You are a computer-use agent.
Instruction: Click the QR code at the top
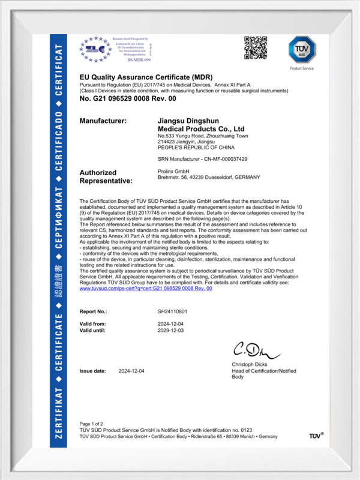coord(254,47)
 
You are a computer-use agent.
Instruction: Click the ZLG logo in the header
coord(95,47)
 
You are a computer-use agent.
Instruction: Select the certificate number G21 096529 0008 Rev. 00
coord(128,98)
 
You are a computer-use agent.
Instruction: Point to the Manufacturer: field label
coord(103,121)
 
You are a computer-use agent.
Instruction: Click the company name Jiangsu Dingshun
coord(185,121)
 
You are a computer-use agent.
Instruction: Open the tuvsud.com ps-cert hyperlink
coord(146,289)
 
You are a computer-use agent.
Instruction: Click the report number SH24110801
coord(172,312)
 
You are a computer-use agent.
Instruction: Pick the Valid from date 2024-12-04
coord(172,324)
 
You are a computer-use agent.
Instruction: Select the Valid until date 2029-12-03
coord(172,331)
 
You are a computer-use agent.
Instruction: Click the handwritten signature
coord(251,350)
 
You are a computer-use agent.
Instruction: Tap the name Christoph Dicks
coord(251,365)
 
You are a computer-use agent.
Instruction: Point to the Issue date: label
coord(93,371)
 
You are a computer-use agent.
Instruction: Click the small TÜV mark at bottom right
coord(316,436)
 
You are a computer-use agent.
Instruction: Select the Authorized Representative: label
coord(106,176)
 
